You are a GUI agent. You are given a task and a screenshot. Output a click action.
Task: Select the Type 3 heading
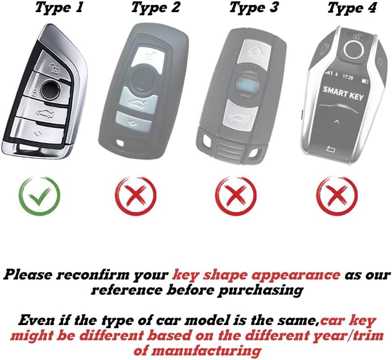coord(254,8)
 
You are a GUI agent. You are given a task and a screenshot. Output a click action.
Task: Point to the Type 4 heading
coord(352,8)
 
